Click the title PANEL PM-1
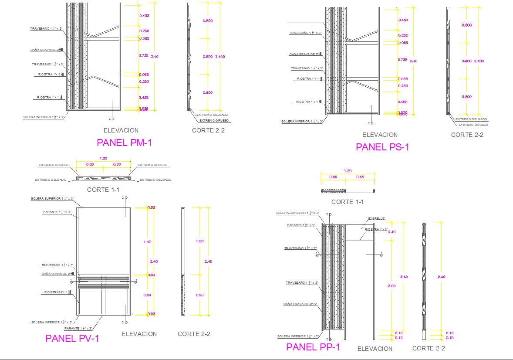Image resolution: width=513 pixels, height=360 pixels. (x=124, y=143)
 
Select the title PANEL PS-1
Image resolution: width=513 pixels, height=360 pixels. (x=382, y=147)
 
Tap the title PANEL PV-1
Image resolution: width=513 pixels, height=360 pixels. (x=72, y=338)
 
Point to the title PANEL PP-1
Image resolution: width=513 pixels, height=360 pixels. (x=313, y=347)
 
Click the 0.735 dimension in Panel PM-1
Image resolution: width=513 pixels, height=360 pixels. (x=143, y=55)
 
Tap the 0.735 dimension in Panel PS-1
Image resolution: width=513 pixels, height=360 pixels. (x=402, y=60)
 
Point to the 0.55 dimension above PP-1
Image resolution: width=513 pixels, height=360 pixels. (x=334, y=177)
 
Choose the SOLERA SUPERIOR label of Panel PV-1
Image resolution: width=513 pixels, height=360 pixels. (x=52, y=199)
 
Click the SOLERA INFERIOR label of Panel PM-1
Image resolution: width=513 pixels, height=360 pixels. (x=44, y=117)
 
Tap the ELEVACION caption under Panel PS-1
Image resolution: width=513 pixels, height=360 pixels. (x=380, y=135)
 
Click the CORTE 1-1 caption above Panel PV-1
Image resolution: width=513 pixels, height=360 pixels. (x=103, y=190)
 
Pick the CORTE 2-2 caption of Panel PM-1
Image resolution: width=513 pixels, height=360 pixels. (x=208, y=130)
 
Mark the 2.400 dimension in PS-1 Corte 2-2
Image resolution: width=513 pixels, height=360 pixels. (x=479, y=61)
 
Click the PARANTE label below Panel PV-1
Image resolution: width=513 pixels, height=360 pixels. (x=78, y=328)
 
